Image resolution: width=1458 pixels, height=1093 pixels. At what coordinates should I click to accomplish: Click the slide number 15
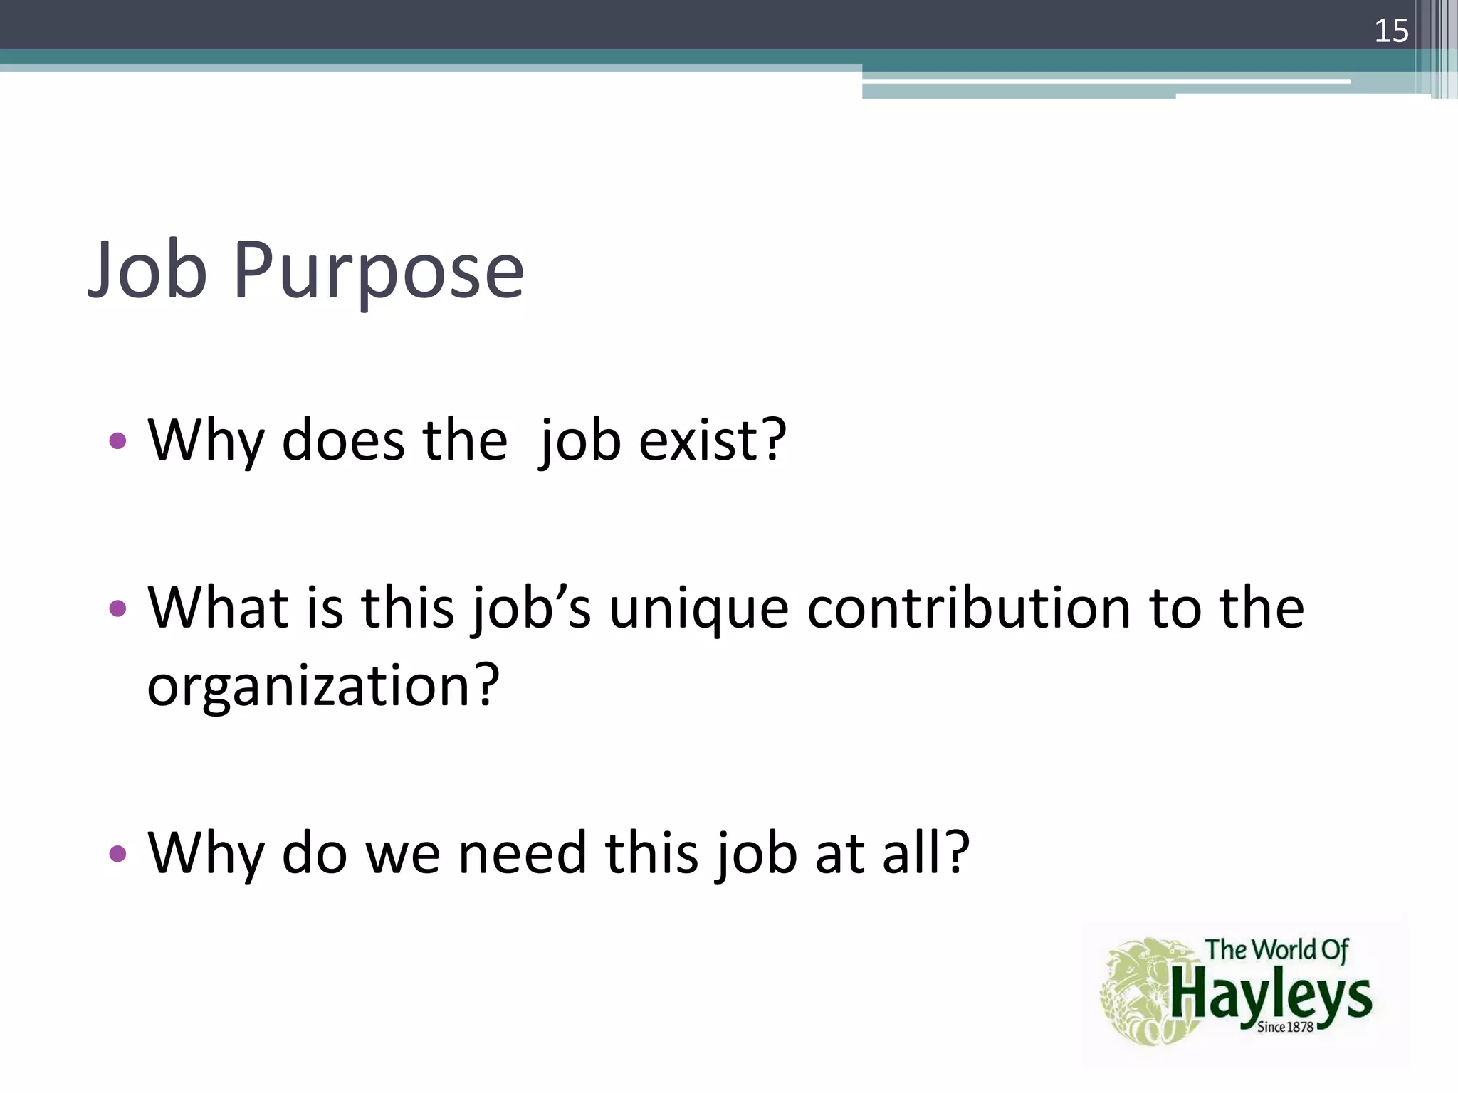(x=1391, y=31)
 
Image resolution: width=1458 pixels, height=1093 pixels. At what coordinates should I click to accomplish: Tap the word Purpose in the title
(x=378, y=274)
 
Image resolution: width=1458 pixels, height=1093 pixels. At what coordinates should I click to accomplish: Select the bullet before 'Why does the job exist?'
(x=118, y=441)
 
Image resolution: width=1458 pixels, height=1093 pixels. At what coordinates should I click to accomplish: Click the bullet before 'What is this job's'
(x=118, y=608)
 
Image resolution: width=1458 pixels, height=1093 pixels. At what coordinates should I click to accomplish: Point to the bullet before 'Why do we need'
(x=118, y=853)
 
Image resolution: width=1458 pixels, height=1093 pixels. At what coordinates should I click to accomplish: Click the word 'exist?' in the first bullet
(x=713, y=440)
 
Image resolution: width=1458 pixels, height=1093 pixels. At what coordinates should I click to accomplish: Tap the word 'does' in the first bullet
(x=343, y=440)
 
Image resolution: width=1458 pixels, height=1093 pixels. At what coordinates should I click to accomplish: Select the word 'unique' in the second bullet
(x=699, y=609)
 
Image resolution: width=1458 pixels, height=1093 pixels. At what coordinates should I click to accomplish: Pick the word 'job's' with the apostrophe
(x=532, y=609)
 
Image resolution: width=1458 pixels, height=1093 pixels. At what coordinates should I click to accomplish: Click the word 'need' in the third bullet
(x=523, y=853)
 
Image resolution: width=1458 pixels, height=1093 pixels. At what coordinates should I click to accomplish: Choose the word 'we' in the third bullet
(x=403, y=853)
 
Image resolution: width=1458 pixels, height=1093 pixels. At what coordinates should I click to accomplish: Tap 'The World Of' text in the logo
(x=1276, y=950)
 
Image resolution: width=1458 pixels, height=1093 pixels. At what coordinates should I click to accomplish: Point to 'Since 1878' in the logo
(x=1285, y=1027)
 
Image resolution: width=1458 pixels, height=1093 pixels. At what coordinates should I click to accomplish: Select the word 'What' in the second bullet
(x=218, y=609)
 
